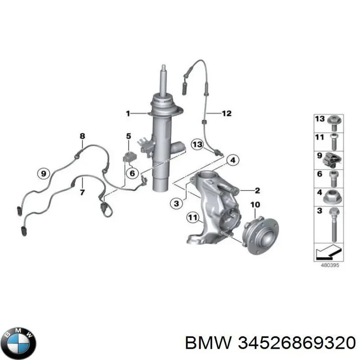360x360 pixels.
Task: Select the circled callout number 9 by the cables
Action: click(x=43, y=173)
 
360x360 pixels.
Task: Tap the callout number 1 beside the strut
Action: click(x=128, y=113)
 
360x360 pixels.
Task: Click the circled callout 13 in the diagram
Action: click(x=197, y=144)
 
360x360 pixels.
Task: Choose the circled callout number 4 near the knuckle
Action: click(x=232, y=160)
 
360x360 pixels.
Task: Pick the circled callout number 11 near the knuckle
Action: click(x=193, y=218)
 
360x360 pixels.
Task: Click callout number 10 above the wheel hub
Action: click(x=255, y=205)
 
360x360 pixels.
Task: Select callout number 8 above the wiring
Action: click(x=82, y=136)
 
